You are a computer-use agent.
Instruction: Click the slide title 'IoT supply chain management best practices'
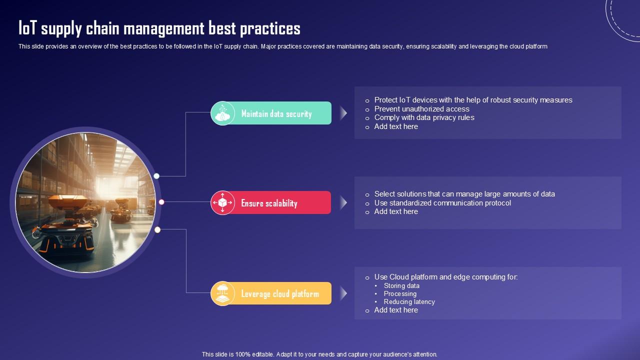tap(159, 28)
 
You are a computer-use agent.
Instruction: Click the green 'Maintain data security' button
tap(276, 113)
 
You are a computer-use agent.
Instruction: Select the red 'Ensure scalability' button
tap(269, 203)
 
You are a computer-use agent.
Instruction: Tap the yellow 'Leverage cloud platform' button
tap(280, 293)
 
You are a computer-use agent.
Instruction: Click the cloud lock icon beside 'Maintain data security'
tap(222, 113)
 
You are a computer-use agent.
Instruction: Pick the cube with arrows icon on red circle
tap(222, 202)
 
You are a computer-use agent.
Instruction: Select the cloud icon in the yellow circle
tap(222, 293)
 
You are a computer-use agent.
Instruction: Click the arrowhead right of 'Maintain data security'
tap(343, 113)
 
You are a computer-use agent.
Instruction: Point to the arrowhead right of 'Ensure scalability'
tap(343, 202)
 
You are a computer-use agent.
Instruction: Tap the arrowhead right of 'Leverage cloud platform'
tap(343, 293)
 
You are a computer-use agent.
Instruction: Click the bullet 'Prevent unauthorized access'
tap(421, 109)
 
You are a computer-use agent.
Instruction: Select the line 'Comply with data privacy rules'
tap(424, 117)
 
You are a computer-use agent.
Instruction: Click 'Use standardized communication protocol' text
tap(442, 203)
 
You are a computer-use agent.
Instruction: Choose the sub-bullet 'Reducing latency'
tap(409, 302)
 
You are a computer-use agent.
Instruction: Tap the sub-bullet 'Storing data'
tap(401, 286)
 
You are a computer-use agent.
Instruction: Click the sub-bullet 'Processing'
tap(400, 294)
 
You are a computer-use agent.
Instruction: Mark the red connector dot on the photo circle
tap(161, 202)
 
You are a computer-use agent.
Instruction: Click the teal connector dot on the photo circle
tap(156, 176)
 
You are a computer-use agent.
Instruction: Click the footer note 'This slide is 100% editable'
tap(319, 354)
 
